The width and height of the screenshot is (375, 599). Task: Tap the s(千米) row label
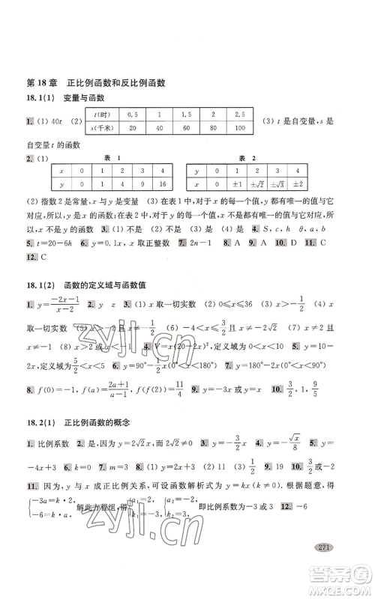point(103,127)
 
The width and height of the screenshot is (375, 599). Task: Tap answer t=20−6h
point(52,244)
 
